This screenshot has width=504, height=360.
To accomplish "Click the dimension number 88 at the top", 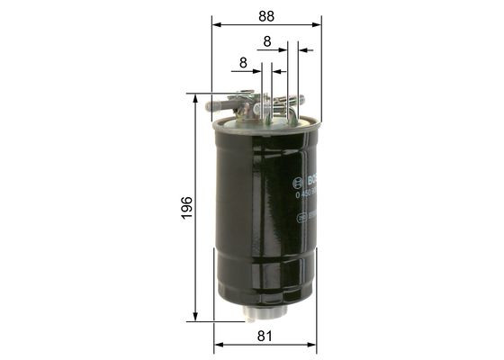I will click(x=266, y=15).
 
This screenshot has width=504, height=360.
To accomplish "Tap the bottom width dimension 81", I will click(x=265, y=337).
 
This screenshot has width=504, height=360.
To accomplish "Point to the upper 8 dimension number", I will click(x=267, y=41).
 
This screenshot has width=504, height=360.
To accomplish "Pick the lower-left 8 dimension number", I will click(x=243, y=63).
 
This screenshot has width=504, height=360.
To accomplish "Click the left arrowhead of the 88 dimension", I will click(x=216, y=24).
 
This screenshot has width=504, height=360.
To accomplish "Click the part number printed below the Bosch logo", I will click(x=300, y=191).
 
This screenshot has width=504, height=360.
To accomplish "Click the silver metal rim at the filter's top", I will click(x=265, y=124).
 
